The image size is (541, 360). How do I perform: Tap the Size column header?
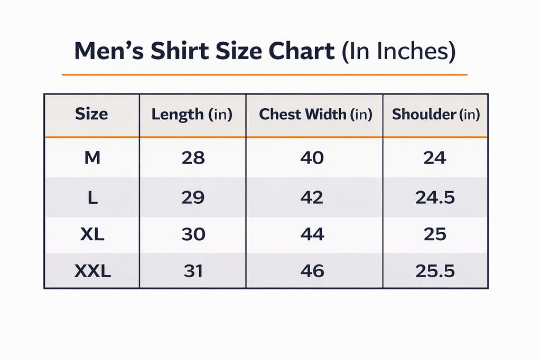pyautogui.click(x=91, y=114)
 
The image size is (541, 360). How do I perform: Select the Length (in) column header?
pyautogui.click(x=192, y=115)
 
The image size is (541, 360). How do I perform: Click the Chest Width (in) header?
pyautogui.click(x=315, y=115)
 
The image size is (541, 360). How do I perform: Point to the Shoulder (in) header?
pyautogui.click(x=435, y=115)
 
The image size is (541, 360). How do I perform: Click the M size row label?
pyautogui.click(x=92, y=158)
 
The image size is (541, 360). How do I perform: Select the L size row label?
pyautogui.click(x=92, y=197)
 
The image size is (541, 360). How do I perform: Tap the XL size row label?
pyautogui.click(x=92, y=234)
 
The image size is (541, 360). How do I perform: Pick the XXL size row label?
pyautogui.click(x=92, y=271)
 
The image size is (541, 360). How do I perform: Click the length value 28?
pyautogui.click(x=193, y=158)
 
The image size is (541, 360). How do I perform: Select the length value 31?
pyautogui.click(x=193, y=271)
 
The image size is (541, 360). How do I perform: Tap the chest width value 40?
pyautogui.click(x=312, y=158)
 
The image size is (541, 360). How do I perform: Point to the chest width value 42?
pyautogui.click(x=312, y=197)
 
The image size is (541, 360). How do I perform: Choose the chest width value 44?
pyautogui.click(x=312, y=234)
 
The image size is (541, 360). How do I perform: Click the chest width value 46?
pyautogui.click(x=312, y=271)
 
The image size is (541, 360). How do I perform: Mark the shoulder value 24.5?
pyautogui.click(x=435, y=197)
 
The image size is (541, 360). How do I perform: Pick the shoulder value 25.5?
pyautogui.click(x=435, y=271)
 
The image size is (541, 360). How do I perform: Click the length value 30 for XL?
pyautogui.click(x=193, y=234)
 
